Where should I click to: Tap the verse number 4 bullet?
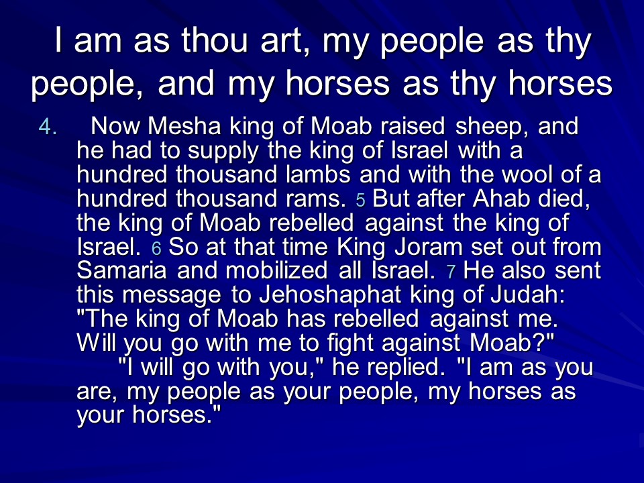point(48,127)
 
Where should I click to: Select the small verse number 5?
point(361,201)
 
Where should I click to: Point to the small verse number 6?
point(156,248)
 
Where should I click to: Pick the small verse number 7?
point(451,272)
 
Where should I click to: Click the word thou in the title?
point(215,41)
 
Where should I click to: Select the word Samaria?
point(121,270)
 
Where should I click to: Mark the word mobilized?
point(276,270)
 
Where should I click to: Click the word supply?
point(223,151)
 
